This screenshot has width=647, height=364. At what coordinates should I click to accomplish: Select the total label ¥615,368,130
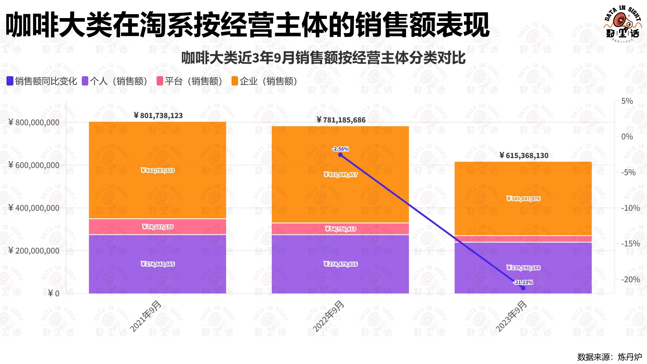click(x=523, y=156)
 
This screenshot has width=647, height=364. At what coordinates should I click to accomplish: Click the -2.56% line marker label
click(x=340, y=149)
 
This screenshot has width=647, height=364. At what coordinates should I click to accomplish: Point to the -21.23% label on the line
click(x=523, y=282)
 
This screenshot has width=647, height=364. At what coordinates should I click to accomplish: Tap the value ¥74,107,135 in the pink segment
click(x=158, y=227)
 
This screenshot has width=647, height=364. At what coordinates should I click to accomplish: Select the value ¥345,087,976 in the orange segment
click(x=523, y=199)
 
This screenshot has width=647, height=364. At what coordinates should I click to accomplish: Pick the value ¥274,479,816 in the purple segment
click(x=340, y=264)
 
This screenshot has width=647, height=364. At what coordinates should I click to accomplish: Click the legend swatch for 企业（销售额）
click(x=235, y=81)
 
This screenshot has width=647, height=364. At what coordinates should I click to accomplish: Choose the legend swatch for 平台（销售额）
click(x=160, y=81)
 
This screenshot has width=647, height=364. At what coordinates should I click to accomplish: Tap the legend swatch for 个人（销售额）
click(x=85, y=81)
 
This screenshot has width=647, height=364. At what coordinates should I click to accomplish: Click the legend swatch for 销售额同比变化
click(x=10, y=81)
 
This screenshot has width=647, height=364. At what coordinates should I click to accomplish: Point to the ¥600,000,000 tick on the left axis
click(x=34, y=165)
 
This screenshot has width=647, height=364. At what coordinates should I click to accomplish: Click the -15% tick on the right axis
click(x=630, y=243)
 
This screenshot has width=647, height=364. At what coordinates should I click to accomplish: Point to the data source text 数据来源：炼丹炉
click(x=609, y=357)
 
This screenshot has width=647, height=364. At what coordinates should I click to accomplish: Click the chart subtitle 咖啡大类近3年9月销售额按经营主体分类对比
click(x=323, y=58)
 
